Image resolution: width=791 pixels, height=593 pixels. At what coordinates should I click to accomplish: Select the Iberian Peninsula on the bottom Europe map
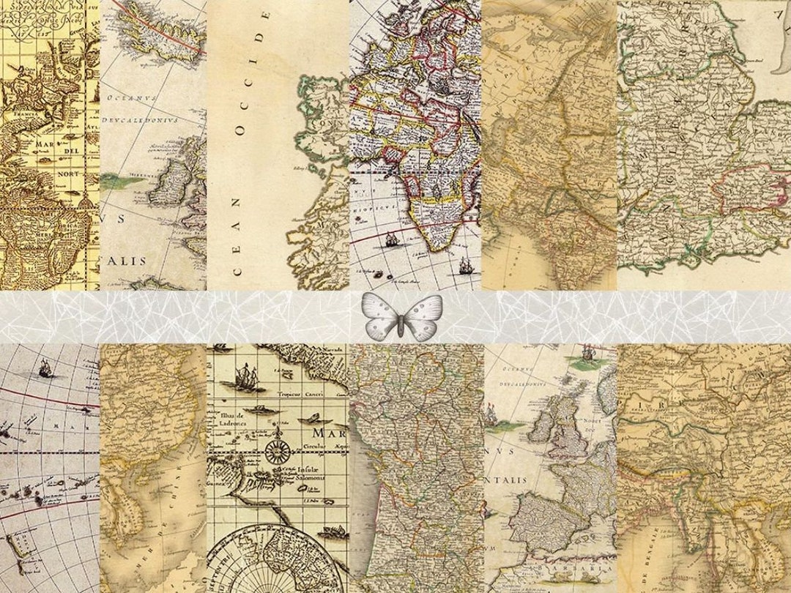tap(538, 520)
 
